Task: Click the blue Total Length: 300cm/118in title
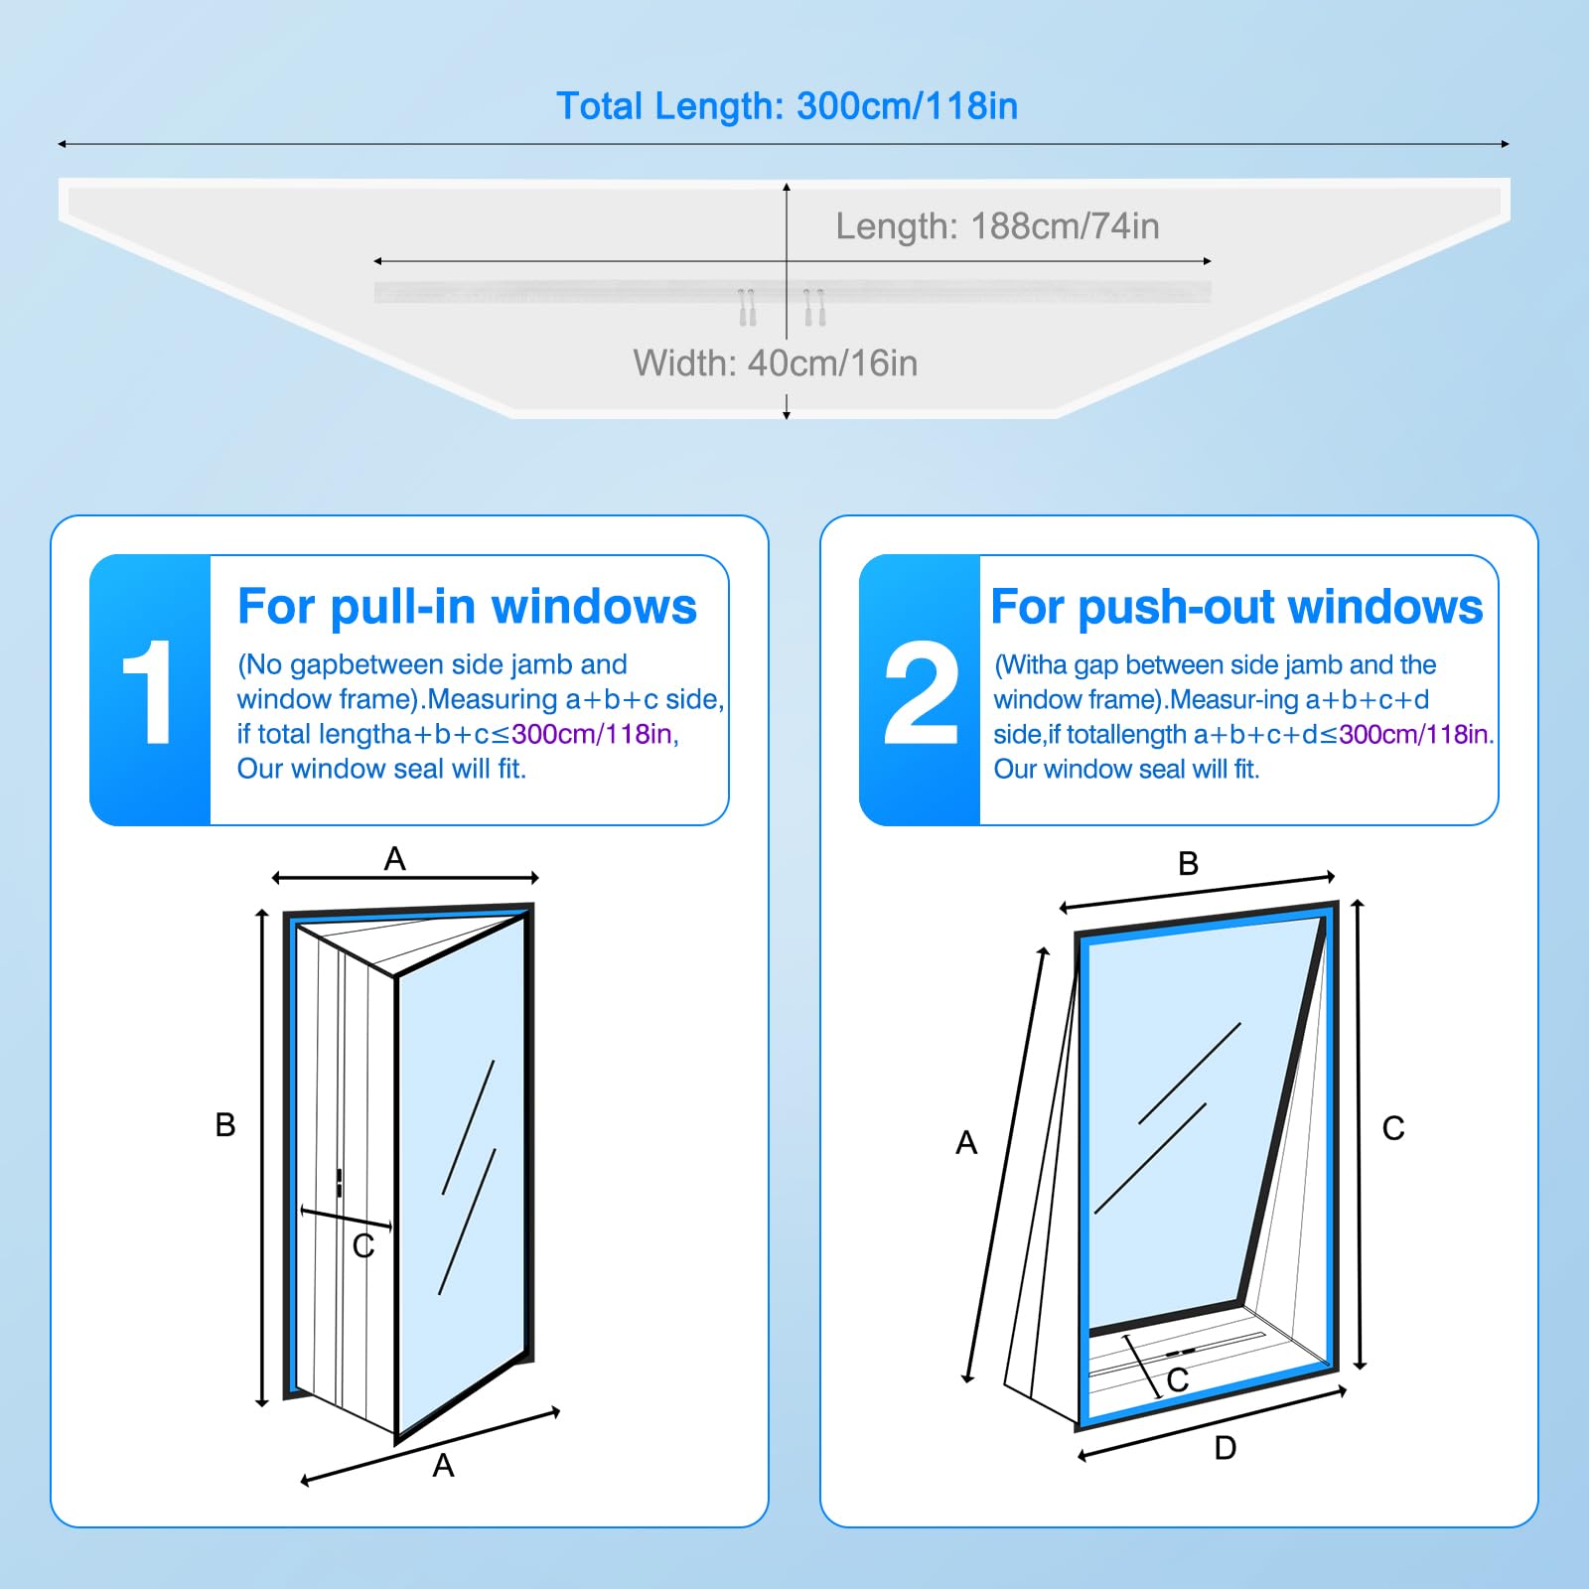point(787,106)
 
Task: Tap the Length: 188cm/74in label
point(997,226)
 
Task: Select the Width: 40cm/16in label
point(776,363)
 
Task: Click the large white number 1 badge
point(148,691)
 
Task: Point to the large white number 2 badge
point(921,691)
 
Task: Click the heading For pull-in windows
point(467,606)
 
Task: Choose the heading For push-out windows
point(1236,606)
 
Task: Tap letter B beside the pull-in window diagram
point(225,1124)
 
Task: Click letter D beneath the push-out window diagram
point(1226,1448)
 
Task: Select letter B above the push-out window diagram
point(1188,863)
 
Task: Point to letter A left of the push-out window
point(966,1142)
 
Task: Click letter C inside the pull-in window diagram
point(363,1245)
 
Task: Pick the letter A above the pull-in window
point(395,858)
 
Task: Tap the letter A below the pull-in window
point(443,1465)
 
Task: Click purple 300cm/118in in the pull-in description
point(592,734)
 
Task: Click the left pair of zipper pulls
point(748,307)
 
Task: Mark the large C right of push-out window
point(1393,1128)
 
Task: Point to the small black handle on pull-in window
point(340,1183)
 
